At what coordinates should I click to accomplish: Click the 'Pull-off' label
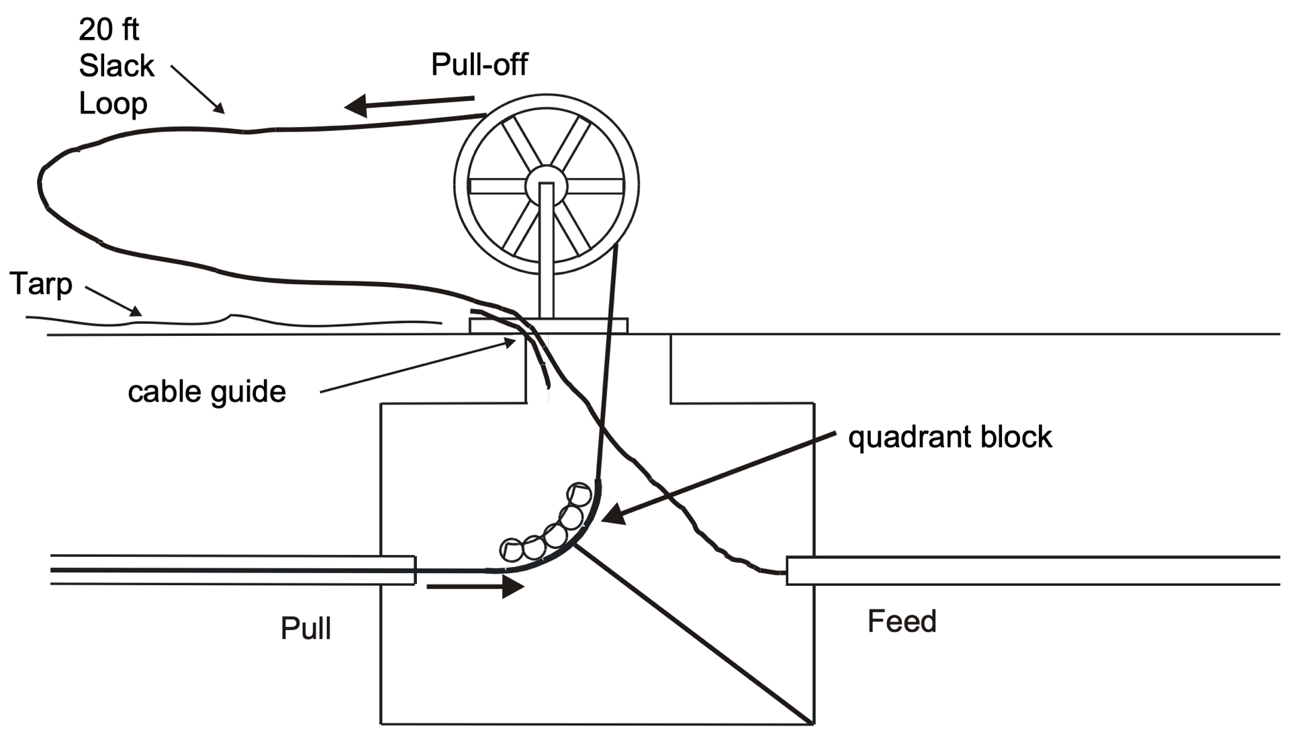[479, 65]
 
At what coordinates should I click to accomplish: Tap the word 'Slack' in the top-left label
[116, 67]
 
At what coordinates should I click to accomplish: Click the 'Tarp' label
[41, 283]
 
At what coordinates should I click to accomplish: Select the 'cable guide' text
[207, 392]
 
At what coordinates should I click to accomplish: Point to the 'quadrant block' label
[950, 437]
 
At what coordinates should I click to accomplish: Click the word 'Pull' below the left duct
[306, 628]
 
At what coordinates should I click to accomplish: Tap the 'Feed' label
[902, 621]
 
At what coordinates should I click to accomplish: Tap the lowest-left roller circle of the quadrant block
[512, 550]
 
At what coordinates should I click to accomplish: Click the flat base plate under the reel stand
[548, 326]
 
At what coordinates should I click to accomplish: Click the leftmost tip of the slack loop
[39, 182]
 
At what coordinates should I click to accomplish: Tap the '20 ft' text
[108, 30]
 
